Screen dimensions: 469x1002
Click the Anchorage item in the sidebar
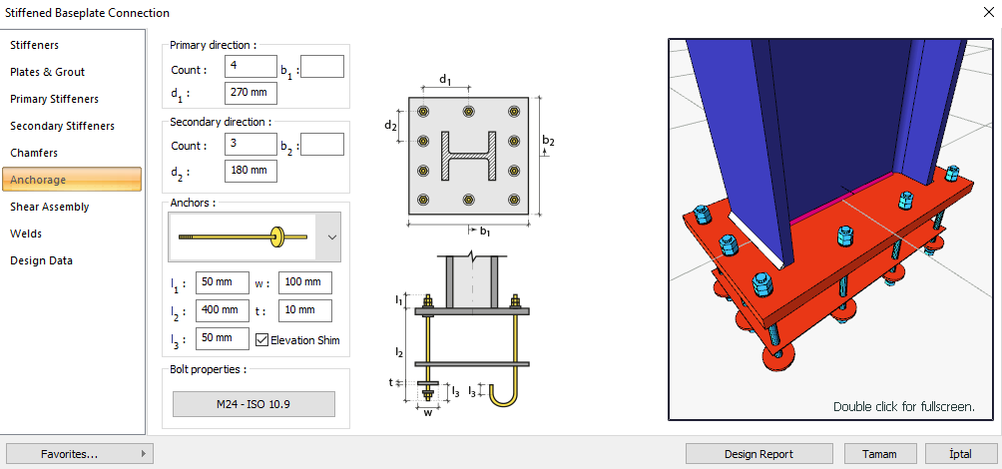(72, 180)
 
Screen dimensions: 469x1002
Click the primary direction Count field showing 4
(250, 67)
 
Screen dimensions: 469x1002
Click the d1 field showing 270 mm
(250, 93)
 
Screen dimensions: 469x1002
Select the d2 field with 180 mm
(250, 170)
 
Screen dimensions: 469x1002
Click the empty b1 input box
(321, 67)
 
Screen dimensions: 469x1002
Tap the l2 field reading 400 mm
(223, 310)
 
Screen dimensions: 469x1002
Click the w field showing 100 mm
(304, 283)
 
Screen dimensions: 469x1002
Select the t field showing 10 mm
(304, 310)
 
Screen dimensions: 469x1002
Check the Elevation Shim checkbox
(262, 339)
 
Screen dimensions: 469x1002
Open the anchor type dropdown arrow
(332, 237)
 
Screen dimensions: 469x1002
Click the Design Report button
(758, 454)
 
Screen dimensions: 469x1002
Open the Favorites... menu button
(79, 454)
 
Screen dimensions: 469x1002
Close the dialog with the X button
(981, 13)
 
